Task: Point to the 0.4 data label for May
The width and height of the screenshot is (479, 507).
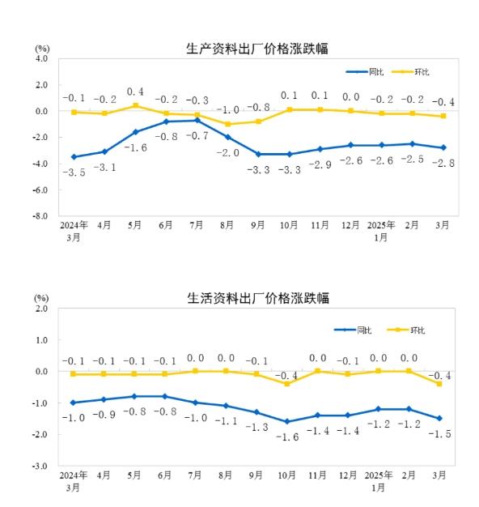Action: pyautogui.click(x=135, y=92)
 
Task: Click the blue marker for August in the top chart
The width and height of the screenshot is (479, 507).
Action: pyautogui.click(x=227, y=137)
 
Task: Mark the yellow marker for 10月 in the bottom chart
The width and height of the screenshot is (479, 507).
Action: pyautogui.click(x=287, y=384)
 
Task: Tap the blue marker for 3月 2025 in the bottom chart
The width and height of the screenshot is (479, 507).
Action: pyautogui.click(x=439, y=418)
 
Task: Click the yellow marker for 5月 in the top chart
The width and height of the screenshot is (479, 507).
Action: pyautogui.click(x=135, y=106)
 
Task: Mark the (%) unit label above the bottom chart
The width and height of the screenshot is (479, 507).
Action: pyautogui.click(x=42, y=298)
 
